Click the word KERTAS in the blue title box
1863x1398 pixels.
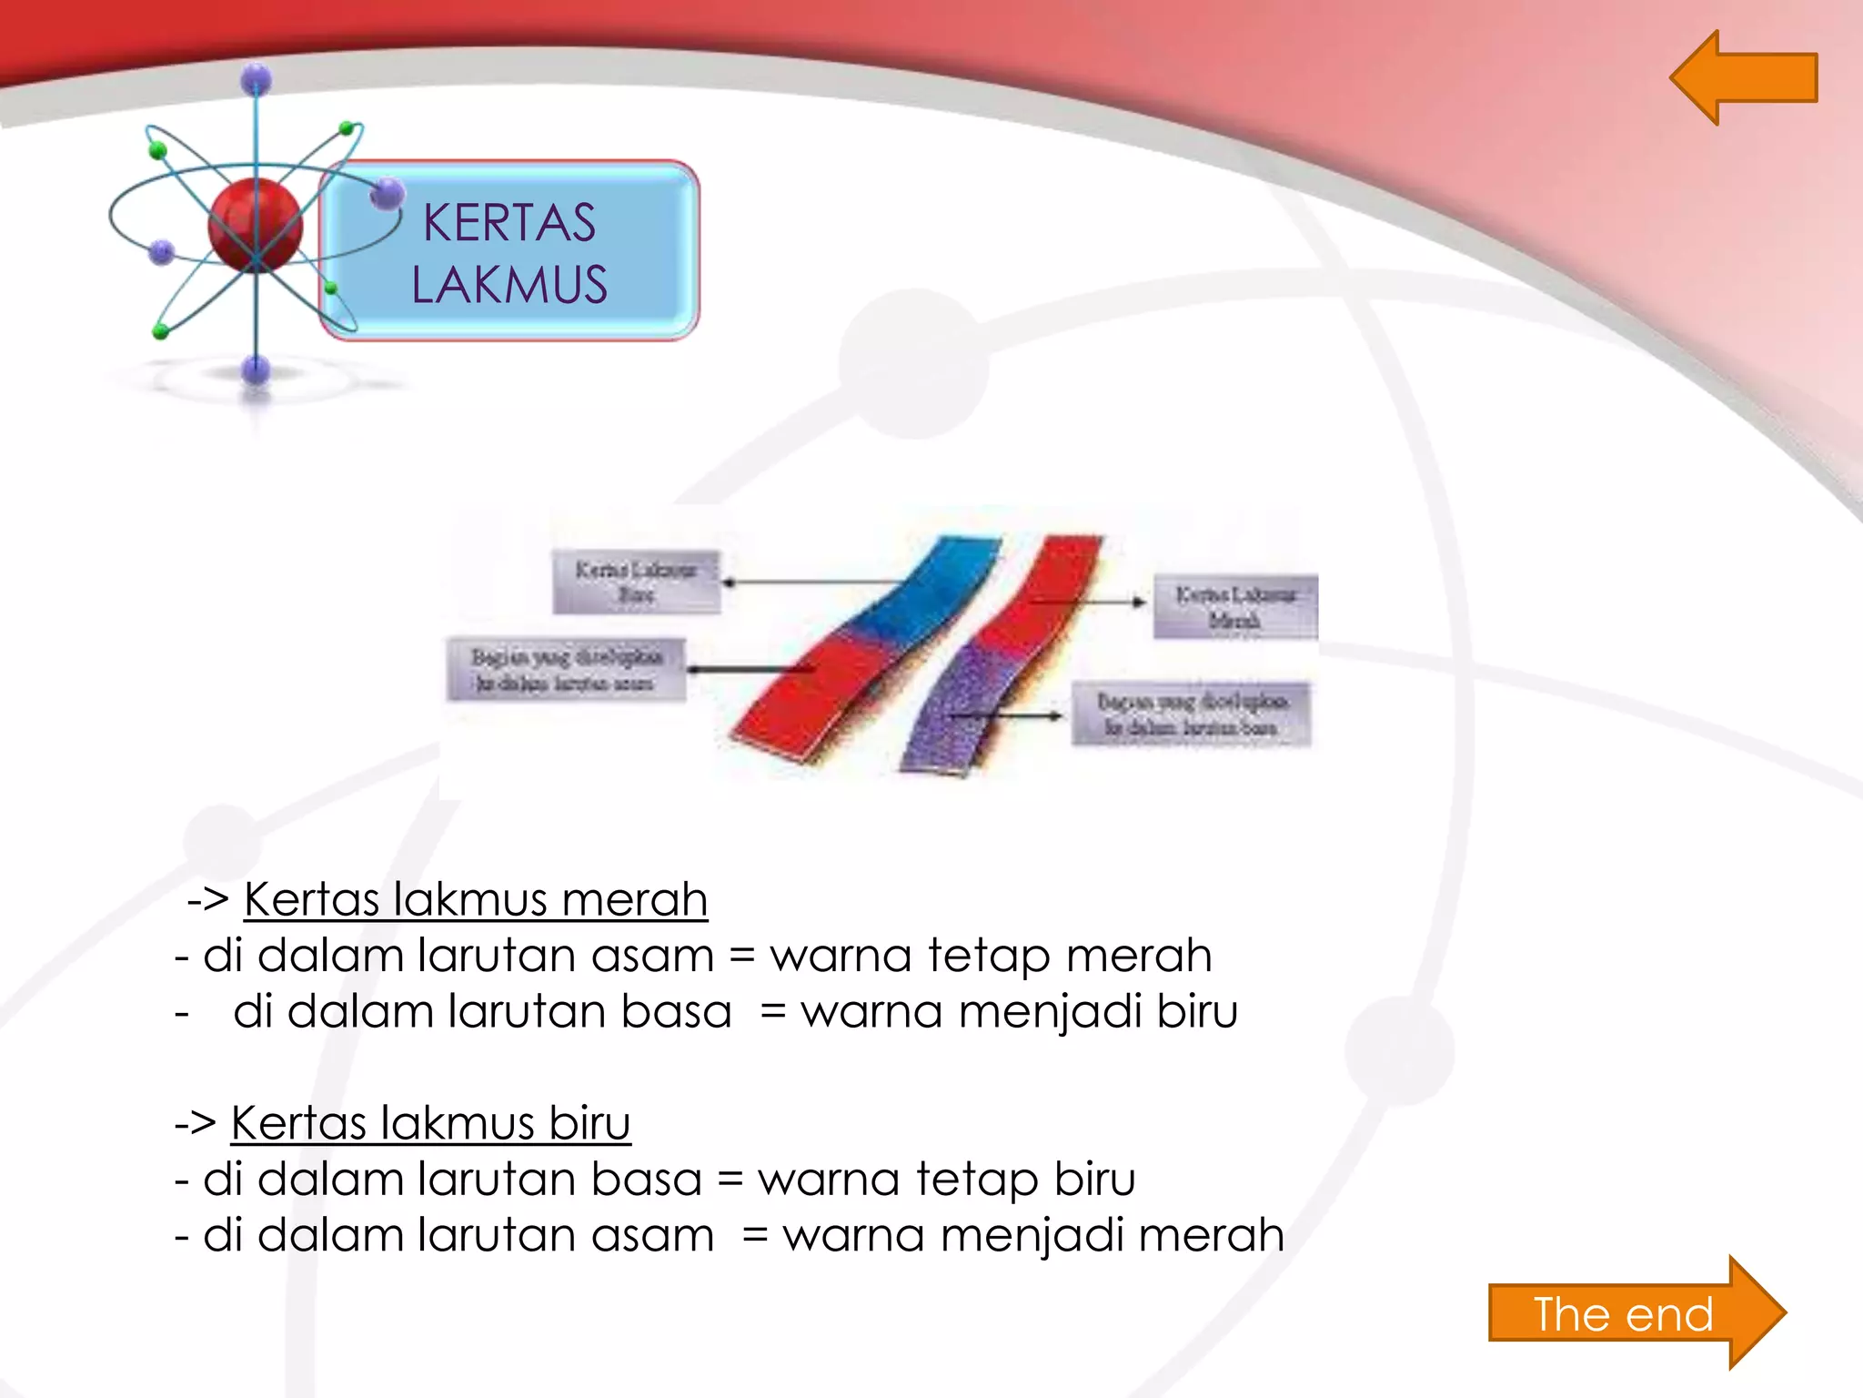pyautogui.click(x=509, y=223)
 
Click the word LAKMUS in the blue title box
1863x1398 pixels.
pyautogui.click(x=509, y=284)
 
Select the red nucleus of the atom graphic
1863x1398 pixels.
pyautogui.click(x=255, y=224)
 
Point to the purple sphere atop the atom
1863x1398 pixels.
pyautogui.click(x=257, y=80)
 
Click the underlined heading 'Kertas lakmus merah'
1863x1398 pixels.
pyautogui.click(x=475, y=899)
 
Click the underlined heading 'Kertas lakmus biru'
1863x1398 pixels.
pyautogui.click(x=430, y=1122)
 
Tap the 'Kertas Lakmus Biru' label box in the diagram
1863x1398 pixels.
pyautogui.click(x=636, y=582)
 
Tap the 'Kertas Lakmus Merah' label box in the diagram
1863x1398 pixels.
pyautogui.click(x=1234, y=607)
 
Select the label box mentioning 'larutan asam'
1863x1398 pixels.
pyautogui.click(x=565, y=670)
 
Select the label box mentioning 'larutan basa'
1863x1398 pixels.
pyautogui.click(x=1191, y=714)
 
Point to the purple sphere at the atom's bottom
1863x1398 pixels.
pyautogui.click(x=257, y=370)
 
